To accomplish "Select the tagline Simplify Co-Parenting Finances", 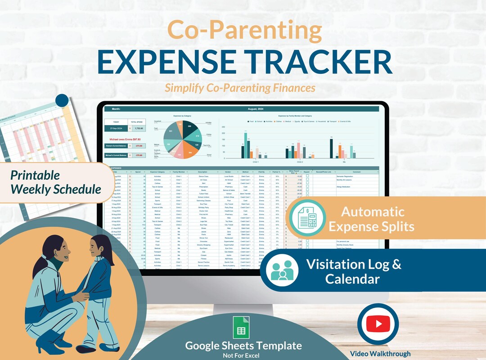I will click(x=239, y=88).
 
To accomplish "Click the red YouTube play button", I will click(x=378, y=323).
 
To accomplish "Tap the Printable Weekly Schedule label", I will click(x=55, y=182).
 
